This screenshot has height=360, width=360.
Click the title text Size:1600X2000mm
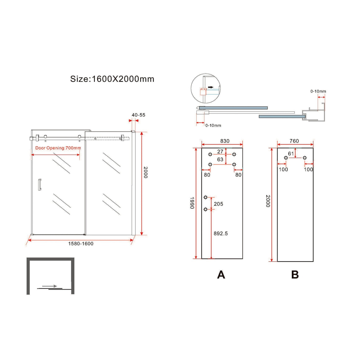coord(112,79)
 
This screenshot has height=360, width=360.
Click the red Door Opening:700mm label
coord(58,148)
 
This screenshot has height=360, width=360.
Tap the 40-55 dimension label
coord(138,115)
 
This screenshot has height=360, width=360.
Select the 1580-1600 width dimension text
coord(81,244)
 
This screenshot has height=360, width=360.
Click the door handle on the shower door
coord(39,185)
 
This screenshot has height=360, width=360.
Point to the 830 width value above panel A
coord(225,141)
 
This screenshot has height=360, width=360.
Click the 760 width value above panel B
coord(294,141)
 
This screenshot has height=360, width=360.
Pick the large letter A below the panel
coord(221,275)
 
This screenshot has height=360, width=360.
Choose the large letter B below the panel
coord(295,275)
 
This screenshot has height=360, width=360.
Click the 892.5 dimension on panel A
coord(221,233)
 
